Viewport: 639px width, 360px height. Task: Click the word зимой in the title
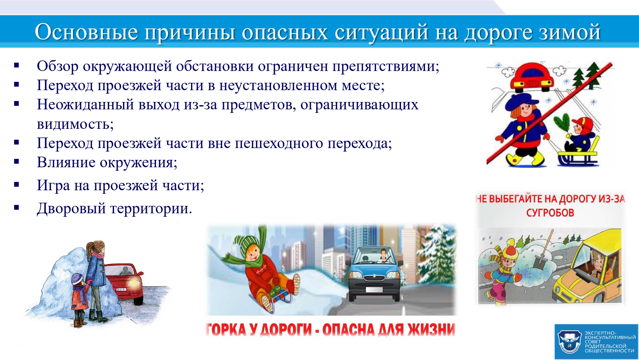(x=570, y=32)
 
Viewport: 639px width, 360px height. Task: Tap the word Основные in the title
(x=86, y=32)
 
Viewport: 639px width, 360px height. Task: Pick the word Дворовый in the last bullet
(x=71, y=208)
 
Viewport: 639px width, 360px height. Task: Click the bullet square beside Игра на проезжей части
(x=17, y=184)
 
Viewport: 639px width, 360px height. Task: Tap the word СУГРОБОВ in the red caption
(x=550, y=213)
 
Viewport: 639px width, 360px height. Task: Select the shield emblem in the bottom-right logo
(x=569, y=342)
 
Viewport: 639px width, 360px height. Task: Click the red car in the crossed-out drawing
(x=532, y=76)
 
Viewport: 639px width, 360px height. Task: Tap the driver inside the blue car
(x=383, y=256)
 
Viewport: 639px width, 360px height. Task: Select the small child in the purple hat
(x=79, y=300)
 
